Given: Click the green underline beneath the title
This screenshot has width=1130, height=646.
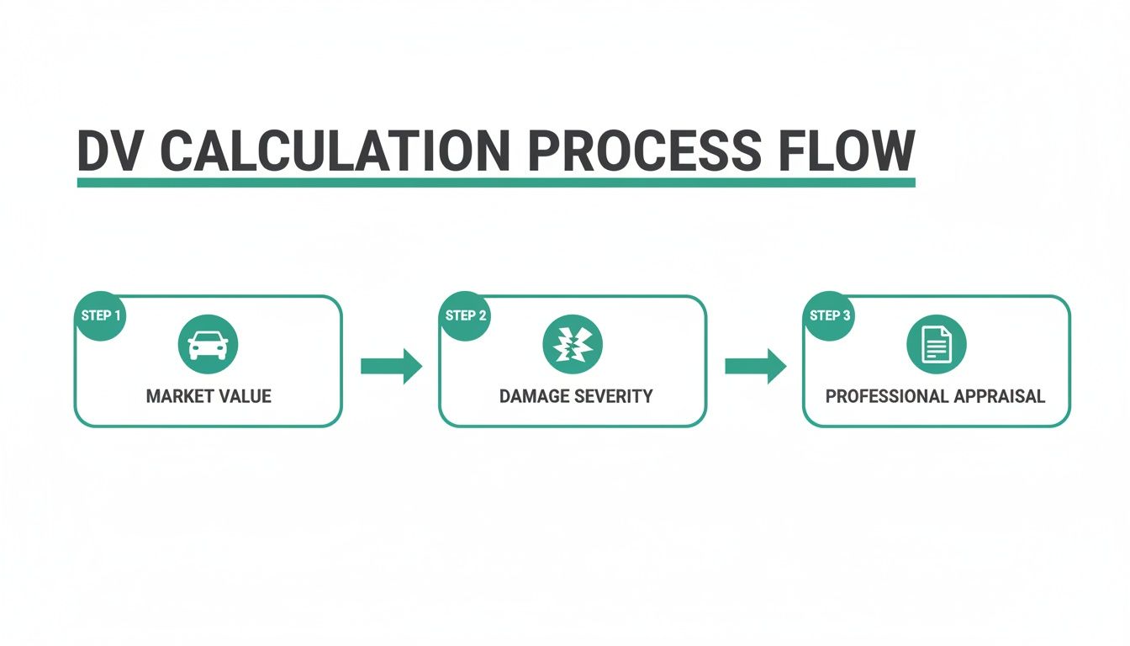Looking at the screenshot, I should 495,182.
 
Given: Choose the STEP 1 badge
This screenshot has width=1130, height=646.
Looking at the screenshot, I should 100,316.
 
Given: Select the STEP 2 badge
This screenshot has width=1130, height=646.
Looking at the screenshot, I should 465,316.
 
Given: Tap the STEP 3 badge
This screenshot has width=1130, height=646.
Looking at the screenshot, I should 829,316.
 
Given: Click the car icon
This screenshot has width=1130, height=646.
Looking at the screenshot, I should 208,344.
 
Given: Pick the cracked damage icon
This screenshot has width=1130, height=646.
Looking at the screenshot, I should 573,344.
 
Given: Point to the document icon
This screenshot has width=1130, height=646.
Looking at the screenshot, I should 937,344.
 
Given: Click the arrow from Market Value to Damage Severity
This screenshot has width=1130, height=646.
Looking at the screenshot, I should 391,366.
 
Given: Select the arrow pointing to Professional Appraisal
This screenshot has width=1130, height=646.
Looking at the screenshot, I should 755,366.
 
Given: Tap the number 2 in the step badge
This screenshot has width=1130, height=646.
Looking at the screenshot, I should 483,316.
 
